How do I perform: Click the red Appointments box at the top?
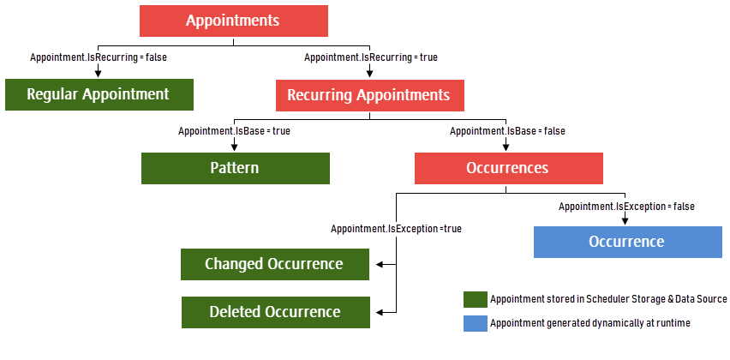click(x=234, y=21)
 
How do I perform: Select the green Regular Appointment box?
click(x=99, y=94)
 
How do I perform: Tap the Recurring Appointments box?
click(x=369, y=95)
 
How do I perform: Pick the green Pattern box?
click(x=236, y=168)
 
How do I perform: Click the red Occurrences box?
click(x=509, y=168)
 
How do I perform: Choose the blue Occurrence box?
click(x=627, y=242)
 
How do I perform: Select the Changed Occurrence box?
click(x=275, y=264)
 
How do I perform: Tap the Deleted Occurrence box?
click(x=276, y=312)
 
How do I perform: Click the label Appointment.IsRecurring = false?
click(x=99, y=57)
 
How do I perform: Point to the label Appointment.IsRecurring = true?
click(x=371, y=57)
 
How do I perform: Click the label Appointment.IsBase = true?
click(x=234, y=131)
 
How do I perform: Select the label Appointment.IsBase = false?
click(x=507, y=131)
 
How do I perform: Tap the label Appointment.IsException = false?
click(x=626, y=206)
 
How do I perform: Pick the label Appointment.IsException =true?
click(x=396, y=229)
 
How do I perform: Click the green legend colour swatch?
click(x=476, y=299)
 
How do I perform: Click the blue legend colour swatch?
click(x=476, y=324)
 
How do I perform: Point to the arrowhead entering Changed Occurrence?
click(x=379, y=265)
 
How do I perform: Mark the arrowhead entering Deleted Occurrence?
click(x=379, y=313)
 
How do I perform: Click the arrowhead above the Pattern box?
click(x=234, y=147)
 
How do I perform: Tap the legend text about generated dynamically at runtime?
click(x=589, y=323)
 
